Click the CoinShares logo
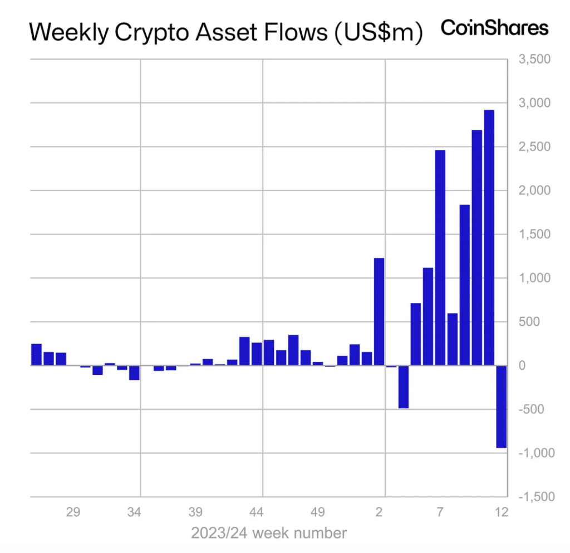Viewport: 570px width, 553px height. tap(494, 27)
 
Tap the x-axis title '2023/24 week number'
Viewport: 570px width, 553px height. tap(268, 533)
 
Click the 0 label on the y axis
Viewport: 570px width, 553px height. tap(522, 366)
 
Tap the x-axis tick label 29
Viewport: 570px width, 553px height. tap(73, 512)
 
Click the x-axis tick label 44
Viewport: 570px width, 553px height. tap(256, 512)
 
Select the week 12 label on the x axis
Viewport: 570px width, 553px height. tap(502, 512)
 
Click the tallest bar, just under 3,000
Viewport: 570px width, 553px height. tap(489, 238)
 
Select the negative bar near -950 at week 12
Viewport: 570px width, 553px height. tap(502, 407)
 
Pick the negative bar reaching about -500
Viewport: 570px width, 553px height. tap(404, 386)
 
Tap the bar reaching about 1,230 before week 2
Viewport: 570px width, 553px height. tap(379, 312)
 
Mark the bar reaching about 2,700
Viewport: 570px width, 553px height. tap(477, 248)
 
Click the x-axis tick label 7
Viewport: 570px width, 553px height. tap(440, 512)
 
